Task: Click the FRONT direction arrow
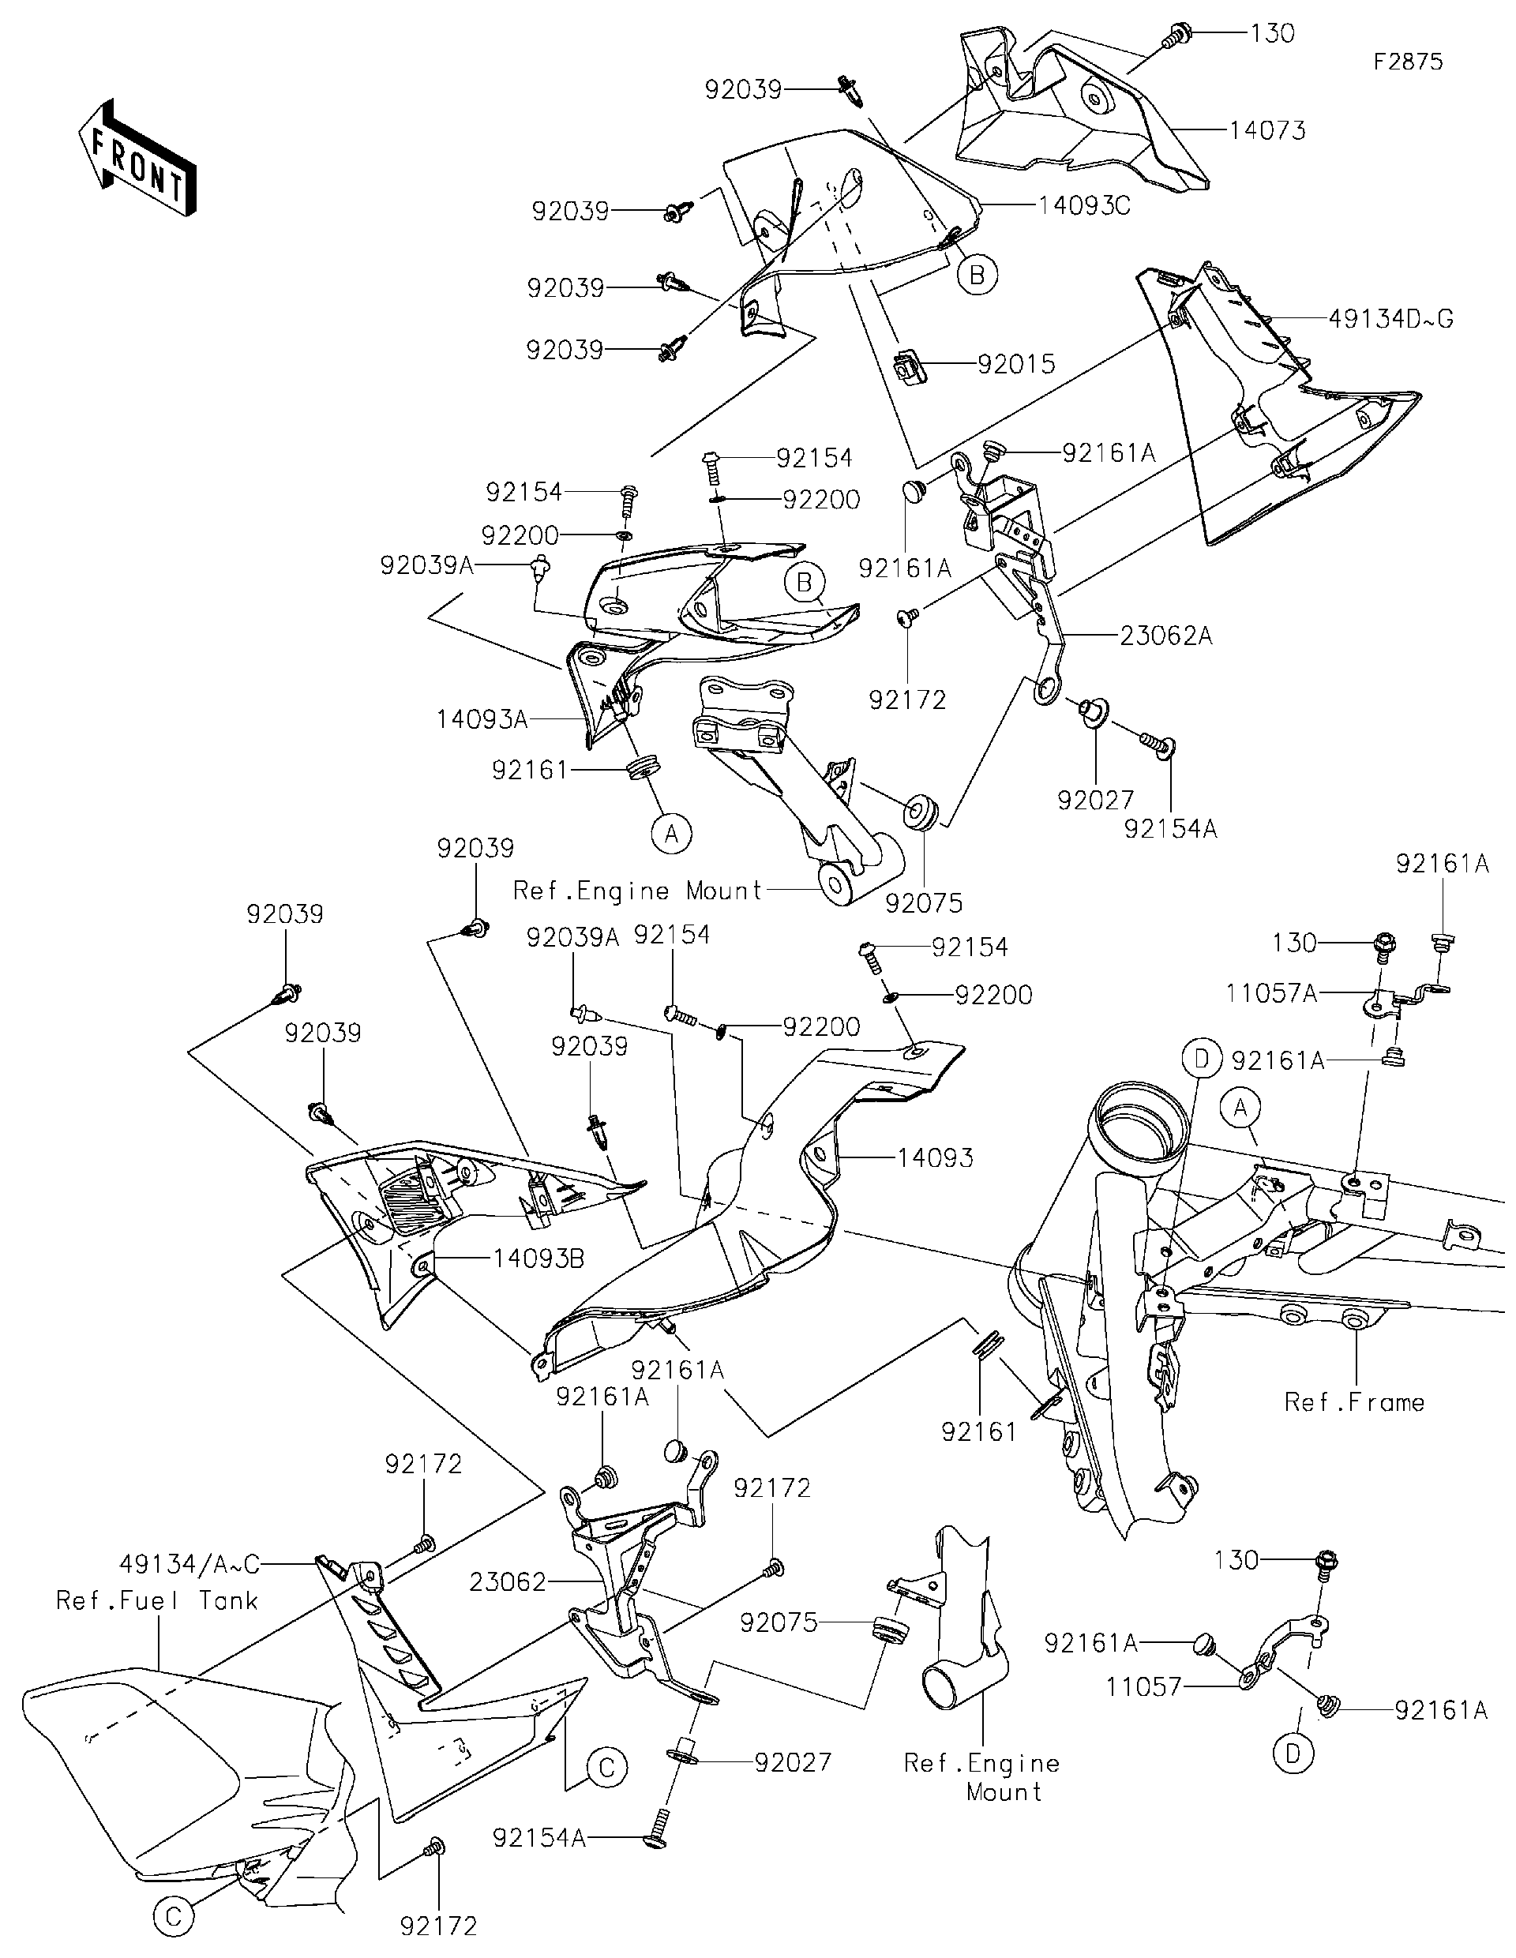[137, 156]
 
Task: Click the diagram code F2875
[1408, 61]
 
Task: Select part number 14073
[1266, 131]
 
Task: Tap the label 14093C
[1084, 206]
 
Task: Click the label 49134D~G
[1390, 319]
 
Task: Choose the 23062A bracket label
[1165, 636]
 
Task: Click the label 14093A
[482, 719]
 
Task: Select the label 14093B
[538, 1259]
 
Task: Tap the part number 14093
[935, 1158]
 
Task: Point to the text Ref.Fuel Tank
[157, 1600]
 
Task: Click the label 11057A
[1271, 993]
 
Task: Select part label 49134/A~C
[189, 1565]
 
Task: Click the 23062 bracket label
[508, 1582]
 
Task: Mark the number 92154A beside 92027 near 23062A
[1170, 829]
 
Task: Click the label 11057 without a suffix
[1143, 1687]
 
